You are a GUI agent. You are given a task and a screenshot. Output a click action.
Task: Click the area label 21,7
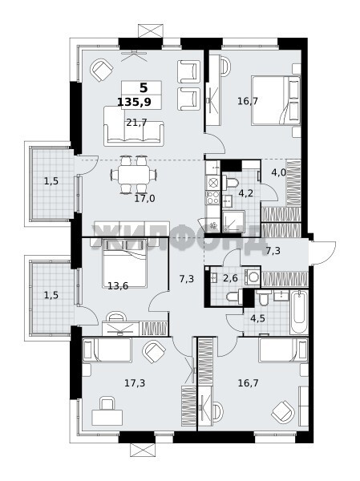136,123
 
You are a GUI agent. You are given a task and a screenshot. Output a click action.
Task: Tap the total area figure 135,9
135,102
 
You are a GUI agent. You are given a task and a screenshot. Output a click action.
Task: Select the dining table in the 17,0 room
134,175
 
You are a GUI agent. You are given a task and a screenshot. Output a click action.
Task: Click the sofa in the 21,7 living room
134,126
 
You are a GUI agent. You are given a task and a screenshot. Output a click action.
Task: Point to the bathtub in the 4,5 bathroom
299,313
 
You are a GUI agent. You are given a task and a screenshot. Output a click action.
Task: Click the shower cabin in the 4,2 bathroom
233,221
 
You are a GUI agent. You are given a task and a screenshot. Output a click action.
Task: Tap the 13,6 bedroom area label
118,286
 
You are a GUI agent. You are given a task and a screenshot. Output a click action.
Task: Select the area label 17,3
135,383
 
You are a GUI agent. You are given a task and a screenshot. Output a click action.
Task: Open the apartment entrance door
322,253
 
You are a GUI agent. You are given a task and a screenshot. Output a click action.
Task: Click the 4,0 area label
279,172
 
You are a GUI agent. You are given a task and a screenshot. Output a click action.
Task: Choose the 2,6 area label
230,278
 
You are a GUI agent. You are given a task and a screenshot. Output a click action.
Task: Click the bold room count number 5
144,88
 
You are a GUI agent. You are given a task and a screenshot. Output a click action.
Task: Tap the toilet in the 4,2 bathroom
231,182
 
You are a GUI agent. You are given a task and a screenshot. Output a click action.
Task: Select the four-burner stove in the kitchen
212,197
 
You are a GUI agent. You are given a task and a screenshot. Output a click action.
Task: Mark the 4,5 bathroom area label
257,318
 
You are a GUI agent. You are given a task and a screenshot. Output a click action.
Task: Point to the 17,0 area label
144,199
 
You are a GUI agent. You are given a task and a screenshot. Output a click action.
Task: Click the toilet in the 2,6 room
234,297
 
